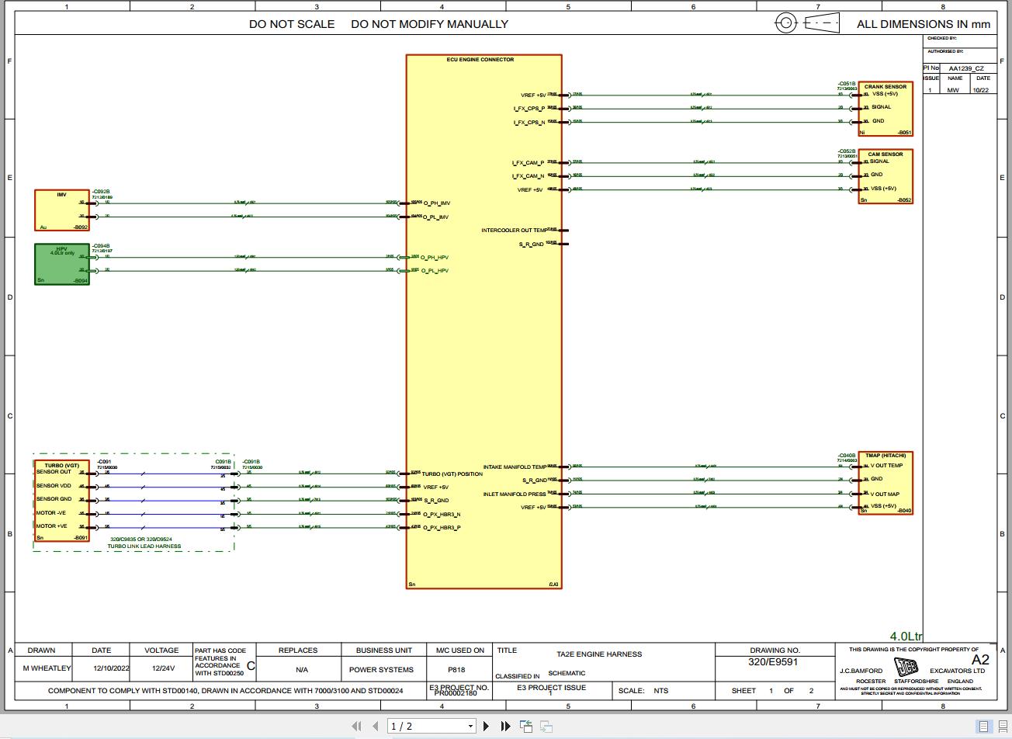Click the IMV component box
(62, 210)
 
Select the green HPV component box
(62, 265)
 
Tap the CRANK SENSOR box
(885, 109)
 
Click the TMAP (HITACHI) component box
(885, 484)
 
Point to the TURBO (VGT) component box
(61, 501)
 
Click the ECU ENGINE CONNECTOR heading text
(480, 60)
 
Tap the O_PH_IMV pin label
(435, 203)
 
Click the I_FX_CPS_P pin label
(529, 109)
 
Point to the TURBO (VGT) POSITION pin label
(452, 474)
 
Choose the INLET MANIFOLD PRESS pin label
(515, 494)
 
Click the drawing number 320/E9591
(773, 662)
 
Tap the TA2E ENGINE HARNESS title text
(599, 654)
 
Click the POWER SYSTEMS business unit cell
(381, 669)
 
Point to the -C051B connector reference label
(846, 84)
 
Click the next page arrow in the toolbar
(487, 727)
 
